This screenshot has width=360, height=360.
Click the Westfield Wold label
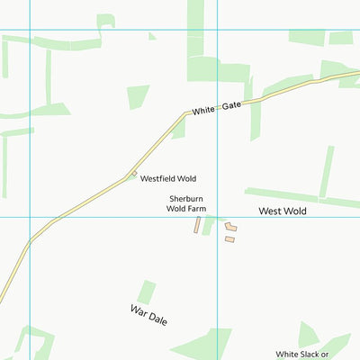[x=167, y=179]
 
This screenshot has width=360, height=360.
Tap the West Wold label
[x=283, y=211]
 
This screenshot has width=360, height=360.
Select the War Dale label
[x=148, y=315]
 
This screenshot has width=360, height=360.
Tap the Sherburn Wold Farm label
[x=186, y=203]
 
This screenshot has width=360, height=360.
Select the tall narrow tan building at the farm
[x=196, y=225]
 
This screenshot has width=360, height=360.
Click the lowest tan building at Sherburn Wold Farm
[x=229, y=239]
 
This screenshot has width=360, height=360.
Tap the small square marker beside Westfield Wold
[x=134, y=174]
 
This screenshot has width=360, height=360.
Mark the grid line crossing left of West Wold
[x=218, y=217]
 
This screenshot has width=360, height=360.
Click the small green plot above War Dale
[x=145, y=292]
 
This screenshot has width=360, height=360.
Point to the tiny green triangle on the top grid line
[x=152, y=37]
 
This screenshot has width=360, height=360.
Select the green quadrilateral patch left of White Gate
[x=138, y=95]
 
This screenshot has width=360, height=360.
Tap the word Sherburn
[x=186, y=198]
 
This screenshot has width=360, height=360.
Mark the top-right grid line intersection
[x=218, y=30]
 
